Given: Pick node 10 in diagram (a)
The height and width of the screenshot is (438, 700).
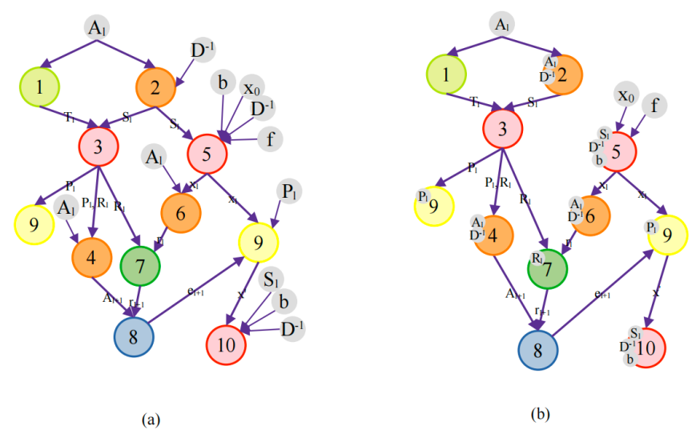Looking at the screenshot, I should click(226, 345).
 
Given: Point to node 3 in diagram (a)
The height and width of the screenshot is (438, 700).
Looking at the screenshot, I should click(99, 146).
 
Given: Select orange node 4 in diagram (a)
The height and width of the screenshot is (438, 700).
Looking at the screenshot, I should click(91, 256).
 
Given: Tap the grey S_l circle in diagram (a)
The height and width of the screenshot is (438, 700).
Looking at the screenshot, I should click(270, 280).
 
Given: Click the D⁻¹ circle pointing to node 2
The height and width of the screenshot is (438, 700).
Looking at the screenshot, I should click(201, 50).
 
